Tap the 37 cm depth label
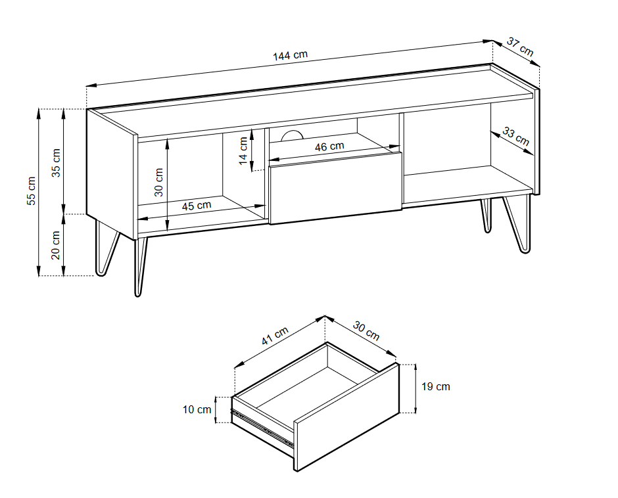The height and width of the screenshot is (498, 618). coord(520,47)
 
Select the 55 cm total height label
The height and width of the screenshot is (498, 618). coord(30,191)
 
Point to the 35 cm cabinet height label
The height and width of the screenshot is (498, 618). coord(56,162)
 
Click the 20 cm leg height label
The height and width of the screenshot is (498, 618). coord(56,244)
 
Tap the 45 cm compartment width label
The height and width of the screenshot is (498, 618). coord(196,206)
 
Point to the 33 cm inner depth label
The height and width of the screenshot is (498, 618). coord(515,136)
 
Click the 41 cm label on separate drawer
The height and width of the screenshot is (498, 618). coord(275,336)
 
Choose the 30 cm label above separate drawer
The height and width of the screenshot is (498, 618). coord(366,330)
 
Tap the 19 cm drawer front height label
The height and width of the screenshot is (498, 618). coord(435,386)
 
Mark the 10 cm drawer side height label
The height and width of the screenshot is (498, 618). coord(197,410)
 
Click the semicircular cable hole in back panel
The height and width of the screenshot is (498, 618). coord(291,136)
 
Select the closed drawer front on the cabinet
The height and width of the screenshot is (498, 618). coord(335,187)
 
